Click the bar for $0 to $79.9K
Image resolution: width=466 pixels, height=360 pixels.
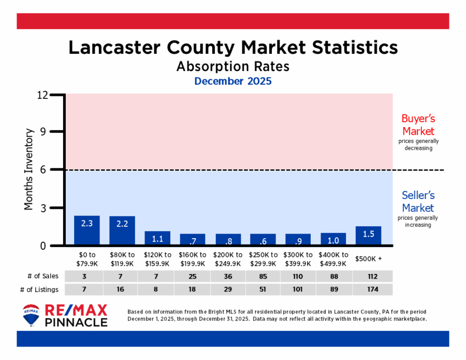(x=87, y=231)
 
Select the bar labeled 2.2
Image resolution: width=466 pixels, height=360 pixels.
(x=122, y=231)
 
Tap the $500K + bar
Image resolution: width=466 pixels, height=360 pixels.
(x=369, y=236)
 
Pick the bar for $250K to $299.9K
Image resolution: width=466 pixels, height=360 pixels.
(x=263, y=240)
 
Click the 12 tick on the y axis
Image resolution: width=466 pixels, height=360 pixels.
(x=56, y=95)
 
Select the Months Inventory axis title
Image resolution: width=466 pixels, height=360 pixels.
(x=29, y=170)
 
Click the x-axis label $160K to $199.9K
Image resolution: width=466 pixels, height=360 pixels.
(x=193, y=260)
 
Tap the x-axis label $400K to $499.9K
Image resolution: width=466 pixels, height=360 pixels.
(x=333, y=260)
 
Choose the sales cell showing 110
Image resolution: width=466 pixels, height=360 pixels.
(x=298, y=276)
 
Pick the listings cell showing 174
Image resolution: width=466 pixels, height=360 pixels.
(x=369, y=290)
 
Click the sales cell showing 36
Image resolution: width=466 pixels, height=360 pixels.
(x=228, y=276)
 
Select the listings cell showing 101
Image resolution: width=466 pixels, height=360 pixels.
(x=298, y=290)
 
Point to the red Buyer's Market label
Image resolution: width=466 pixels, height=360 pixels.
(x=418, y=124)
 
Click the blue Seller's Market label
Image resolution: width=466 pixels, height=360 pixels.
(x=418, y=201)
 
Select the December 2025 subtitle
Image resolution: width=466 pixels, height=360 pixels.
(x=233, y=81)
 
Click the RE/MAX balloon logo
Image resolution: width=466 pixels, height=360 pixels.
(x=31, y=315)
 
